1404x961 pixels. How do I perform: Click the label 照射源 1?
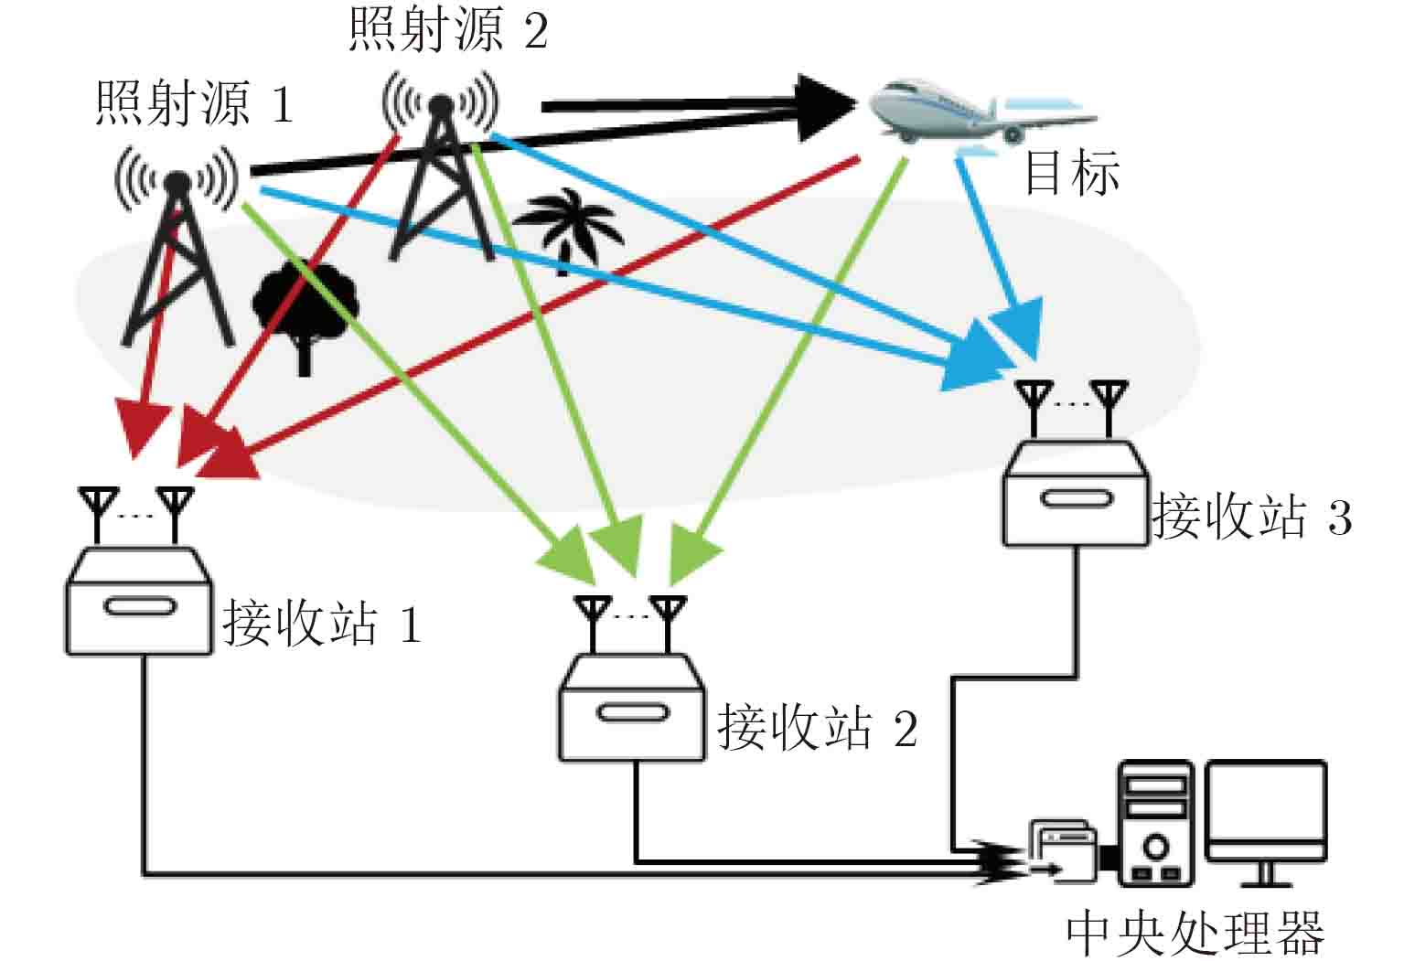pyautogui.click(x=194, y=103)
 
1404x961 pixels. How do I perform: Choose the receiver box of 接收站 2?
pyautogui.click(x=632, y=709)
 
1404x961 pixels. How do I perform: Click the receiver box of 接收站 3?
pyautogui.click(x=1076, y=495)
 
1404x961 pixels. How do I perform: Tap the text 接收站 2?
pyautogui.click(x=817, y=729)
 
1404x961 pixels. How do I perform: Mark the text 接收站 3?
pyautogui.click(x=1251, y=517)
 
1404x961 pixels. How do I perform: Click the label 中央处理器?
pyautogui.click(x=1195, y=933)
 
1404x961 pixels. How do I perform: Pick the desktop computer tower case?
pyautogui.click(x=1156, y=823)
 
